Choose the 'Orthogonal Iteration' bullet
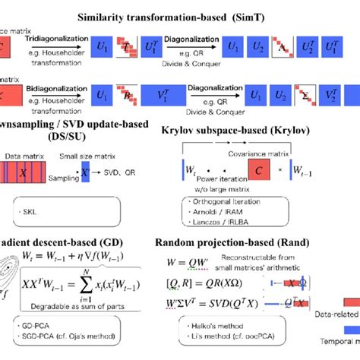point(221,202)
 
